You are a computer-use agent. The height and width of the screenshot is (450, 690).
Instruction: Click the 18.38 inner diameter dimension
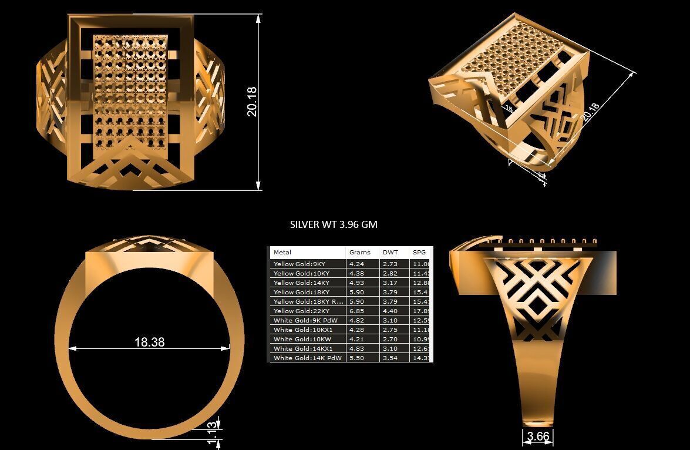pyautogui.click(x=149, y=342)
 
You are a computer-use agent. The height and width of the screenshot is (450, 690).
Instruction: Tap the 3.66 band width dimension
pyautogui.click(x=538, y=436)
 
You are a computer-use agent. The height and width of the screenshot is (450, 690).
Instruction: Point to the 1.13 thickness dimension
pyautogui.click(x=214, y=432)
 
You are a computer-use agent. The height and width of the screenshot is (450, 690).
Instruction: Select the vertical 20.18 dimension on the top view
pyautogui.click(x=252, y=102)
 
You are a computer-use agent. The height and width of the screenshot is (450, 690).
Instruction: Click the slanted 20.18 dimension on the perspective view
pyautogui.click(x=590, y=111)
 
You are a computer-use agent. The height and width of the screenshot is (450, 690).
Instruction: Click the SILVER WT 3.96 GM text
pyautogui.click(x=334, y=224)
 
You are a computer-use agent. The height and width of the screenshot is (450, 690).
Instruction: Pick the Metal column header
pyautogui.click(x=282, y=253)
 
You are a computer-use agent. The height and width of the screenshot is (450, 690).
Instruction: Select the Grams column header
pyautogui.click(x=359, y=253)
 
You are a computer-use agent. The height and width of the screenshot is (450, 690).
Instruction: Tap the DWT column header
pyautogui.click(x=390, y=253)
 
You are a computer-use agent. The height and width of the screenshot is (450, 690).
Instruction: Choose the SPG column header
pyautogui.click(x=419, y=253)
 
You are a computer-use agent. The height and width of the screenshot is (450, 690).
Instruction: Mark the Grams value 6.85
pyautogui.click(x=356, y=311)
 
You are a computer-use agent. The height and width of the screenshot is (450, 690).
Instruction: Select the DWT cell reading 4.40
pyautogui.click(x=390, y=311)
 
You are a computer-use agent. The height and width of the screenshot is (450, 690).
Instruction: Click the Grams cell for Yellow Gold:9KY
pyautogui.click(x=356, y=264)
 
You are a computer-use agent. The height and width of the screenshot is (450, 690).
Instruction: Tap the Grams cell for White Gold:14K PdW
pyautogui.click(x=356, y=358)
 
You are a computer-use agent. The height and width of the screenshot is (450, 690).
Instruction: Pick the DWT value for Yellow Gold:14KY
pyautogui.click(x=390, y=283)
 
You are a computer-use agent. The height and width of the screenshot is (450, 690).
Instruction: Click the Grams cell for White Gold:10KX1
pyautogui.click(x=356, y=330)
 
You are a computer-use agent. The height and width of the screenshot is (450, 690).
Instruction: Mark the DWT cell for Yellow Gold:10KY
pyautogui.click(x=390, y=273)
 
